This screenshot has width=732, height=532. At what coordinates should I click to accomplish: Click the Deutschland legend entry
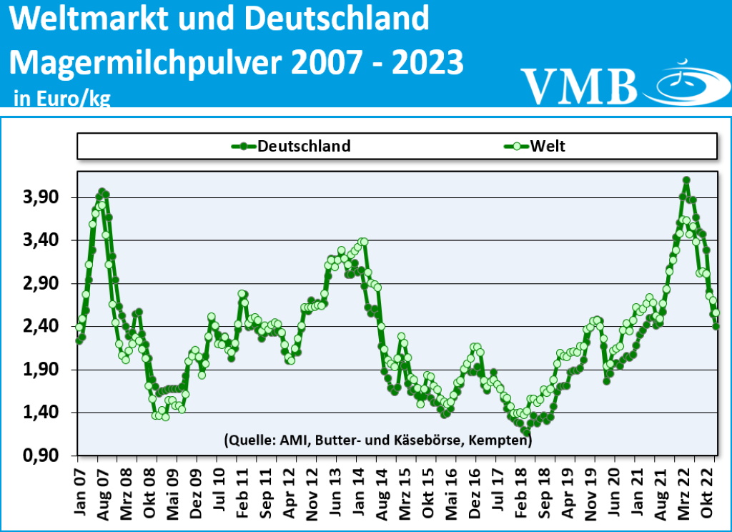click(293, 147)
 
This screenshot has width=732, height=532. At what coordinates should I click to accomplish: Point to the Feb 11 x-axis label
click(242, 493)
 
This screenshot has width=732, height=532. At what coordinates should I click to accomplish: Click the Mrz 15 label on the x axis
click(405, 493)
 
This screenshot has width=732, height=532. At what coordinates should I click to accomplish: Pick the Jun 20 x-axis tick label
click(615, 493)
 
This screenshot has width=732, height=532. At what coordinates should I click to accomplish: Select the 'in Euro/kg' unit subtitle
click(62, 99)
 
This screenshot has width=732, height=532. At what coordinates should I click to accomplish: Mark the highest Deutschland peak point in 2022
click(686, 180)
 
